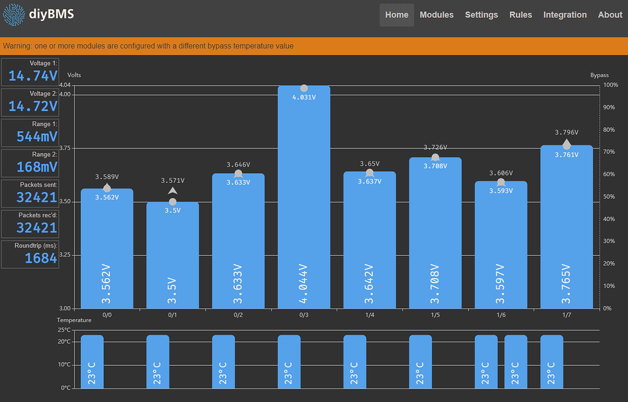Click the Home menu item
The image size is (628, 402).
coord(396,15)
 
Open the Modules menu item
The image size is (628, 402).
coord(436,15)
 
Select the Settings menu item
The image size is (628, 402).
coord(481,15)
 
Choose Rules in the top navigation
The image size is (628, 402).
coord(521,15)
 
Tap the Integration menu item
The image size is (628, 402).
coord(565,15)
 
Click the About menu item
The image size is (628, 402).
coord(610,15)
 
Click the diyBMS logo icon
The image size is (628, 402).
coord(13,14)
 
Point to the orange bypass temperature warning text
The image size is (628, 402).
coord(148,46)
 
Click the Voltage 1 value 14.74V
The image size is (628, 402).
coord(33,75)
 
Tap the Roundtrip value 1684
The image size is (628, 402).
coord(40,258)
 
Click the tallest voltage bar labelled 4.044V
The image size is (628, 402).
coord(304,203)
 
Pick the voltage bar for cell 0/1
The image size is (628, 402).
coord(172,258)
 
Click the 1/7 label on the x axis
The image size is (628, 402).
coord(566,315)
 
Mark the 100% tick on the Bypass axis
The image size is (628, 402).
coord(610,85)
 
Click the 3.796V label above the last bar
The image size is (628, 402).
coord(566,132)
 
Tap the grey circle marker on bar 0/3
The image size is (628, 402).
coord(304,88)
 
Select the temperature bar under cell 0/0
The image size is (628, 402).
coord(92,361)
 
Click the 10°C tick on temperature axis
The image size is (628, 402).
coord(64,365)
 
